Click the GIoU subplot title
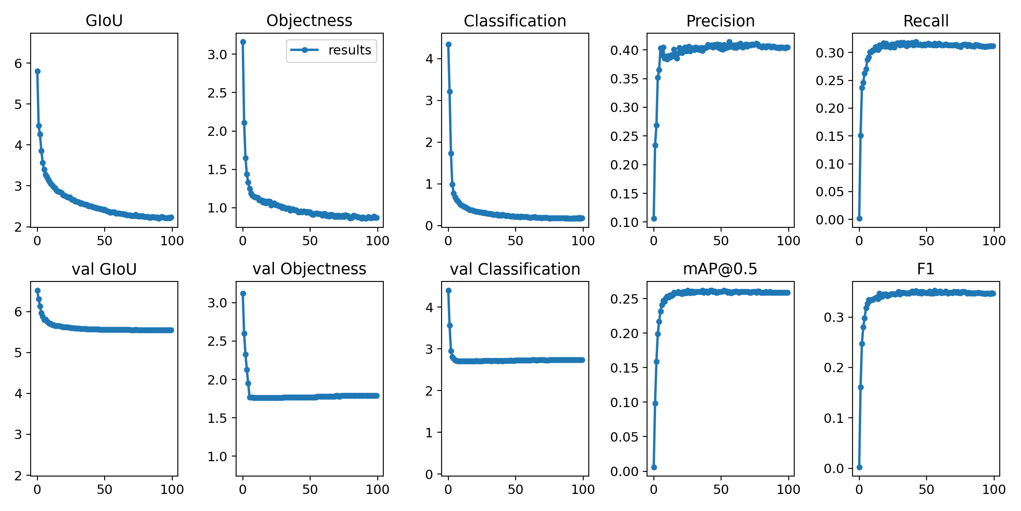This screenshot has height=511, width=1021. [x=104, y=20]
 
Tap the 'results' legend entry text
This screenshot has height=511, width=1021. [x=350, y=50]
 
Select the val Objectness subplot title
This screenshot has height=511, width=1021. [x=309, y=269]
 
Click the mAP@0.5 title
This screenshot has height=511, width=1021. [x=720, y=269]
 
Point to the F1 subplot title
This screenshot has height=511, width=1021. [x=926, y=269]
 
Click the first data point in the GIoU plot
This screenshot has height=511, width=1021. [x=37, y=71]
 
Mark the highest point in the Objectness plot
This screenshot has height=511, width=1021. [x=243, y=42]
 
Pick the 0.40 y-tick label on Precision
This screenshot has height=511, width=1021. [x=624, y=50]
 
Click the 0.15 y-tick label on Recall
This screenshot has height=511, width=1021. [x=830, y=136]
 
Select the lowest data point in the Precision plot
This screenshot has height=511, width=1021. [x=654, y=218]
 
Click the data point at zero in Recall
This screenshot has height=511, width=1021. [x=859, y=218]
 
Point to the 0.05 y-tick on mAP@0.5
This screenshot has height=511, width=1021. [x=624, y=436]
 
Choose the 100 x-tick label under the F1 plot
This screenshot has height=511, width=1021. [x=994, y=489]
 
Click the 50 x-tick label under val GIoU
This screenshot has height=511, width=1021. [x=104, y=489]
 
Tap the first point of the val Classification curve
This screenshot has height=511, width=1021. [x=448, y=290]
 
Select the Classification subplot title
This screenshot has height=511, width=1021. [x=515, y=20]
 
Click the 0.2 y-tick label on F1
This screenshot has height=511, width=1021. [x=833, y=367]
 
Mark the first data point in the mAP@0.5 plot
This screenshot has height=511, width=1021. [x=654, y=467]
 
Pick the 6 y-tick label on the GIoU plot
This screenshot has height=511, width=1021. [x=18, y=63]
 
